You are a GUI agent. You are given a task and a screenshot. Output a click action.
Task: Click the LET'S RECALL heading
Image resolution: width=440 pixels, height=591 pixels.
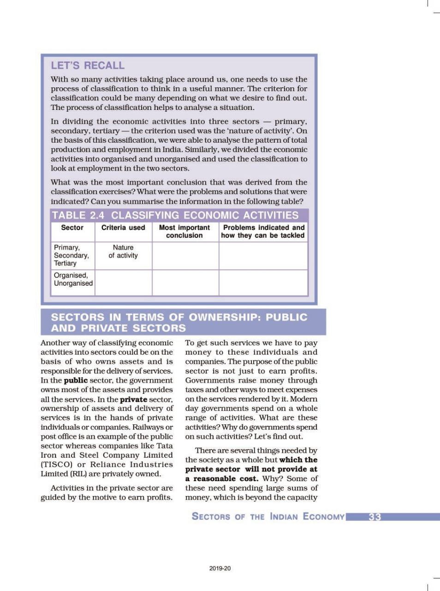click(88, 66)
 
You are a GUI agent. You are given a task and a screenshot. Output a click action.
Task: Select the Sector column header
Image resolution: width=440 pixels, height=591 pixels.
click(72, 228)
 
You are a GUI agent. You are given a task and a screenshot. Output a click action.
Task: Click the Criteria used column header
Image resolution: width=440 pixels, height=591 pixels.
click(123, 228)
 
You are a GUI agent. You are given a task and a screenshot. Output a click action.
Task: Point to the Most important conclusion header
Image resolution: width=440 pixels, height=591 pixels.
click(184, 231)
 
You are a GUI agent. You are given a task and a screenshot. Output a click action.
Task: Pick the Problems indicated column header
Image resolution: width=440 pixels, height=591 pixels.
click(263, 231)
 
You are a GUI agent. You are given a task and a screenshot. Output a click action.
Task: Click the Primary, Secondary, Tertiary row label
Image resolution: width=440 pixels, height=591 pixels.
click(71, 255)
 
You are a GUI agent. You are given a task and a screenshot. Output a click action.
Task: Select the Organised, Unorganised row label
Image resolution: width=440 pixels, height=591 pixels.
click(73, 279)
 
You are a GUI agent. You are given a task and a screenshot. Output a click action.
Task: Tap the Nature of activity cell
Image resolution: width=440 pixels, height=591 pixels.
click(123, 252)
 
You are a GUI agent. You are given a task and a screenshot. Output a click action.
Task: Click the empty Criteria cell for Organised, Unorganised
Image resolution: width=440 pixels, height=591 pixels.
click(123, 283)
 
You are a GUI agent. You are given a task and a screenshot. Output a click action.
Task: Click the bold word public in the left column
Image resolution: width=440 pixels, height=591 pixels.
click(76, 380)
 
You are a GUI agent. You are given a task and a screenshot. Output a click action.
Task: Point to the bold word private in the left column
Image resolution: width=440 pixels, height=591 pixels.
click(133, 399)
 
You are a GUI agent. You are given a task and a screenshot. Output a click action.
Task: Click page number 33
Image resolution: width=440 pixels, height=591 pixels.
click(375, 517)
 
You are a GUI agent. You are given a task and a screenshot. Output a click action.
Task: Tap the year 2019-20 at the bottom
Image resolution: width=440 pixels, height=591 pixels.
click(220, 568)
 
